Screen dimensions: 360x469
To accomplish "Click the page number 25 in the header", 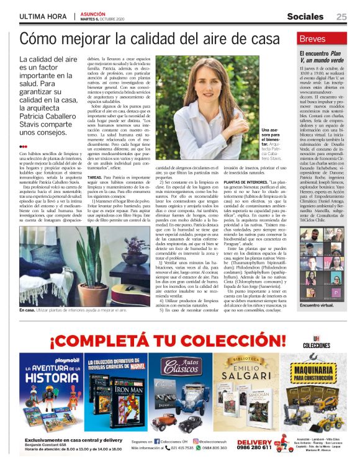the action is [341, 16].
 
